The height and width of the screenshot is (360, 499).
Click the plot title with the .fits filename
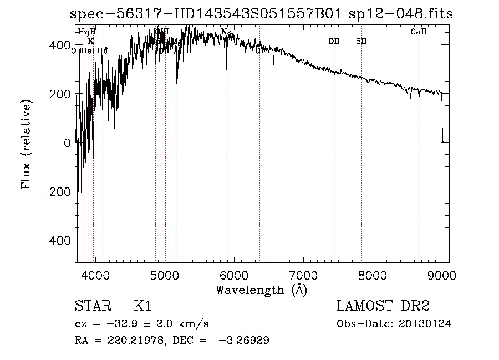[262, 14]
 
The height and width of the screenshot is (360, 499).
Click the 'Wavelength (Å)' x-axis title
[261, 290]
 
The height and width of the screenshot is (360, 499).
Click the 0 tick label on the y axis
[67, 143]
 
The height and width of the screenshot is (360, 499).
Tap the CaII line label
[419, 32]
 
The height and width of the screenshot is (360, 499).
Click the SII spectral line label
[361, 41]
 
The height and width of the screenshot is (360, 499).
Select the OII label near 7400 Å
[334, 41]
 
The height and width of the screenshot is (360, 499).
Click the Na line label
[226, 32]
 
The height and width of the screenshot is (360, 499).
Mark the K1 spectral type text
[143, 306]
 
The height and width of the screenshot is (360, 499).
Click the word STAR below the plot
[92, 306]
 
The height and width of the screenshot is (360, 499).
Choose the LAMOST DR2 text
[383, 306]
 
